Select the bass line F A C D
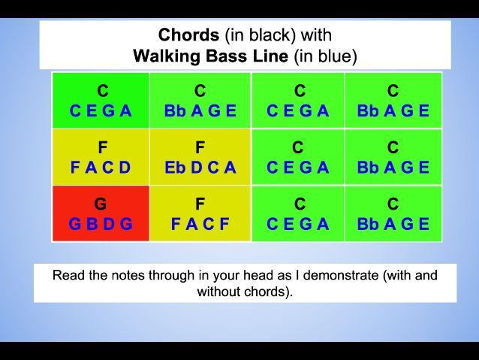tap(101, 168)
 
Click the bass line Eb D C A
tap(200, 168)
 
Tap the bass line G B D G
tap(101, 224)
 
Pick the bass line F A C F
tap(200, 224)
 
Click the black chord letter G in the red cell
tap(101, 204)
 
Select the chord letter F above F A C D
tap(102, 148)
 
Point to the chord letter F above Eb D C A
tap(200, 148)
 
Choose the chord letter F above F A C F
tap(200, 204)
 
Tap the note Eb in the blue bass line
tap(174, 168)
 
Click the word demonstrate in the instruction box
tap(342, 275)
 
